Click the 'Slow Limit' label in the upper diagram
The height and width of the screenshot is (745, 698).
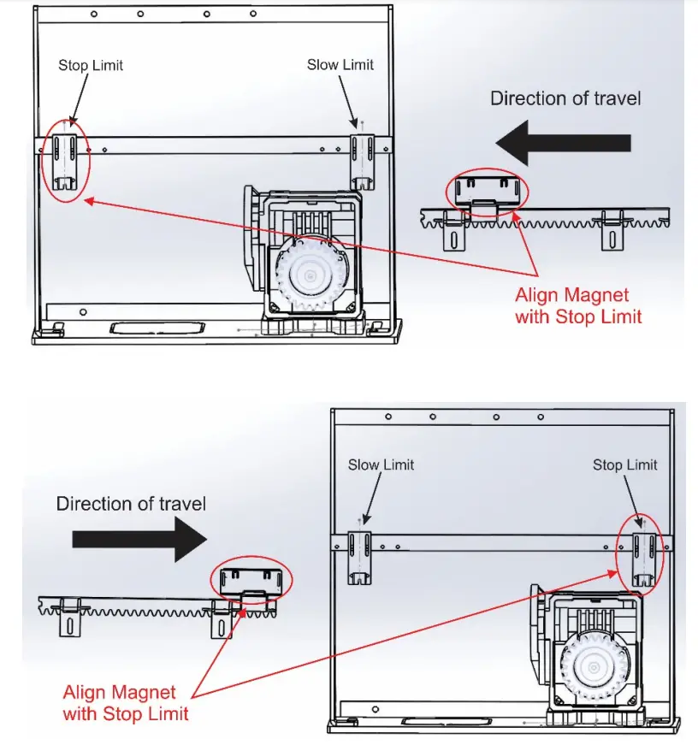(x=340, y=65)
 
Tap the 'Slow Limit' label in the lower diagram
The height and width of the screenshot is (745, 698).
(x=381, y=464)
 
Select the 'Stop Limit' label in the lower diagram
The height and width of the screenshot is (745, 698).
(x=625, y=464)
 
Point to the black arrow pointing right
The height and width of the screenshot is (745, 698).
(x=139, y=540)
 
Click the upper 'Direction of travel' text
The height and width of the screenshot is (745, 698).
(x=565, y=98)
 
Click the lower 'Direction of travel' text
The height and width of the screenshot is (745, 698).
(x=131, y=504)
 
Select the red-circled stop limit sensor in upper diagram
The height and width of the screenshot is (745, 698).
(x=67, y=160)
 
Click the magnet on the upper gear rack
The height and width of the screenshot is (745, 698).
(x=487, y=193)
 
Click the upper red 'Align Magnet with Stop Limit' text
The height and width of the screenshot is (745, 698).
(x=571, y=305)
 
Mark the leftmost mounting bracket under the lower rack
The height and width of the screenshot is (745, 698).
(x=67, y=620)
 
